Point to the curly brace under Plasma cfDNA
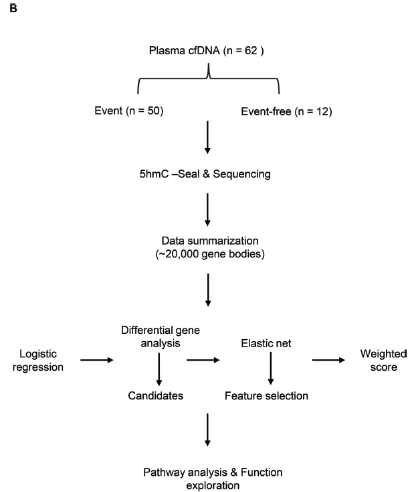(209, 80)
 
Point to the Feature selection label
(266, 395)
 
